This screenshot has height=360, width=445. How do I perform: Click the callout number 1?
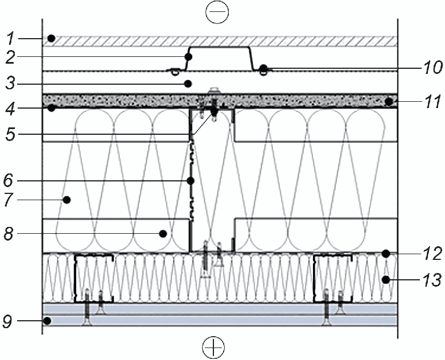tap(10, 39)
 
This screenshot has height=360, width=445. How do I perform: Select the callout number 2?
tap(10, 57)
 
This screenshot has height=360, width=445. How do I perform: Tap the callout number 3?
tap(10, 84)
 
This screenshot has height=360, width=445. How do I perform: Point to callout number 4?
tap(10, 109)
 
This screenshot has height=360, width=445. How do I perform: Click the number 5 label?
tap(10, 134)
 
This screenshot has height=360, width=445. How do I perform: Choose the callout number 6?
tap(9, 180)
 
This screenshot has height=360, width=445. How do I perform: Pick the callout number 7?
tap(9, 200)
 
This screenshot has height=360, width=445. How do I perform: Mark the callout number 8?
tap(9, 234)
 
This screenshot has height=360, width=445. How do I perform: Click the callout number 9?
tap(7, 321)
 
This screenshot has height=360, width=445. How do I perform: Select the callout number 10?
tap(432, 68)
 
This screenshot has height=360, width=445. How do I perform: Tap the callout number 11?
tap(432, 101)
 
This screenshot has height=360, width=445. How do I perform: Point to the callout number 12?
tap(432, 253)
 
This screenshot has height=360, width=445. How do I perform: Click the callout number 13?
tap(432, 280)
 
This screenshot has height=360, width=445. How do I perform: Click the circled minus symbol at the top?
tap(217, 12)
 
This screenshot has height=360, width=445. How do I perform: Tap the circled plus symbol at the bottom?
tap(213, 347)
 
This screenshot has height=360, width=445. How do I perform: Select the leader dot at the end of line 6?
tap(191, 180)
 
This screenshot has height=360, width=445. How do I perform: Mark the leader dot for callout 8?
tap(163, 234)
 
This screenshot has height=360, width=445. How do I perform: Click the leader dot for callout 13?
tap(386, 280)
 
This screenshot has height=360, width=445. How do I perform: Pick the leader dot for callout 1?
tap(51, 38)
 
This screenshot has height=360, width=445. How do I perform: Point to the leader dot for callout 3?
tap(188, 84)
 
